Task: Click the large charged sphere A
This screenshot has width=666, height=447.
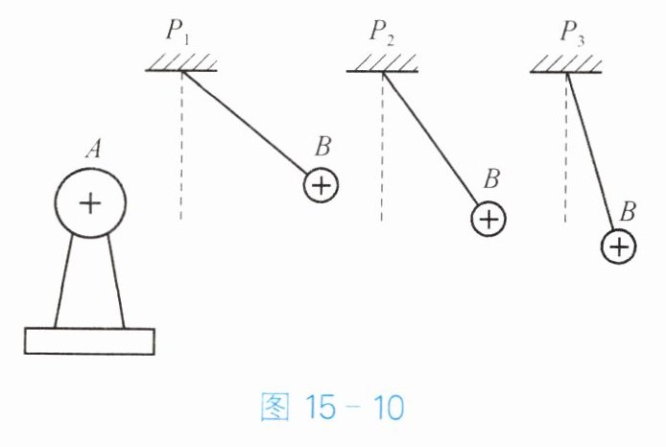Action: tap(88, 202)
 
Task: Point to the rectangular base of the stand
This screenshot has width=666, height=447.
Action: tap(89, 341)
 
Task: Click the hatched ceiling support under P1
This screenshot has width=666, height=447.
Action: tap(182, 64)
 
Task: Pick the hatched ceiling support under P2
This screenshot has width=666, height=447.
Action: tap(382, 64)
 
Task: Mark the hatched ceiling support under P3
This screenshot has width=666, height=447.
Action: tap(564, 64)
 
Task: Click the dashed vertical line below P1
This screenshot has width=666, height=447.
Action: tap(181, 153)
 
